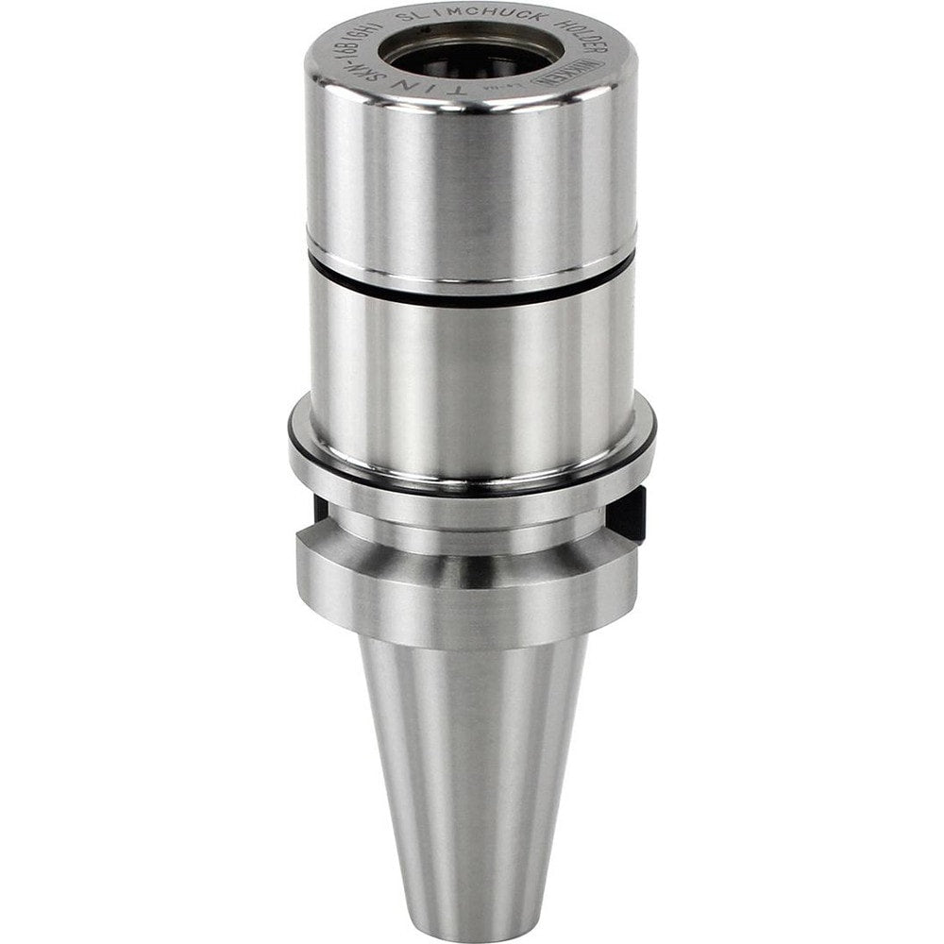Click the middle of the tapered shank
pyautogui.click(x=472, y=755)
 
